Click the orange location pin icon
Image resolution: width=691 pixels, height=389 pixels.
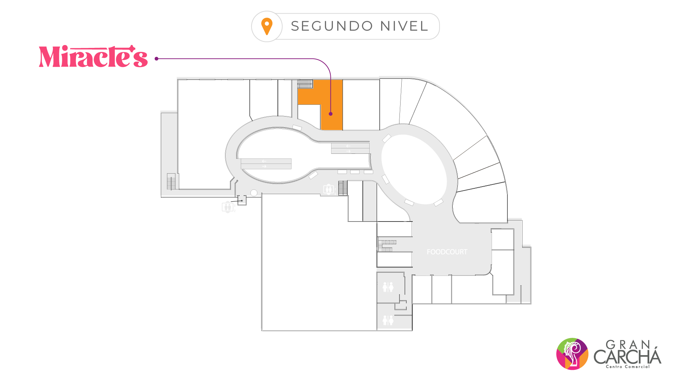click(267, 26)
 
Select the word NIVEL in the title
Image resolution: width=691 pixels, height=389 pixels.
click(404, 26)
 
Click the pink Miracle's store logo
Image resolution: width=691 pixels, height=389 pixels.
click(93, 57)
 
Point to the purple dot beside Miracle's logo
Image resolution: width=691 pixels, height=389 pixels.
click(157, 59)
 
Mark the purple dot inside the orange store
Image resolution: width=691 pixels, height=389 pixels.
click(330, 114)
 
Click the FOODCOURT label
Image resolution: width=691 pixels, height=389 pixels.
click(447, 252)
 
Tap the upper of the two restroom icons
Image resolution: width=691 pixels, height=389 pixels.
click(388, 287)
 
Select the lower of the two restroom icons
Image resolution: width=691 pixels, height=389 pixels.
click(388, 320)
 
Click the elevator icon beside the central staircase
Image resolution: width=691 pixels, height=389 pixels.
click(328, 189)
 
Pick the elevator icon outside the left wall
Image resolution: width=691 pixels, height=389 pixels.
click(227, 207)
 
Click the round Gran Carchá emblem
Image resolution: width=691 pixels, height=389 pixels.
click(572, 354)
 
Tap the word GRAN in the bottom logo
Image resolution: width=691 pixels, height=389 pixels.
click(628, 345)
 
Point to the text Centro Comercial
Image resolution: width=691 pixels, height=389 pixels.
click(628, 367)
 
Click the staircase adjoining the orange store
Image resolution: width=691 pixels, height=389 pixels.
click(305, 84)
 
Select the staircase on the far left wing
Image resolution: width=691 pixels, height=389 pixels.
click(171, 182)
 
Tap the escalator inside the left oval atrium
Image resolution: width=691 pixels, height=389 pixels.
click(266, 164)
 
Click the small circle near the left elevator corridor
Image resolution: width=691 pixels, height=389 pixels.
click(254, 193)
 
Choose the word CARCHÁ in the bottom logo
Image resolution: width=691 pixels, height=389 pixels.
click(627, 357)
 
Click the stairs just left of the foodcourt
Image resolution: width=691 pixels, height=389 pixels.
click(387, 245)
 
